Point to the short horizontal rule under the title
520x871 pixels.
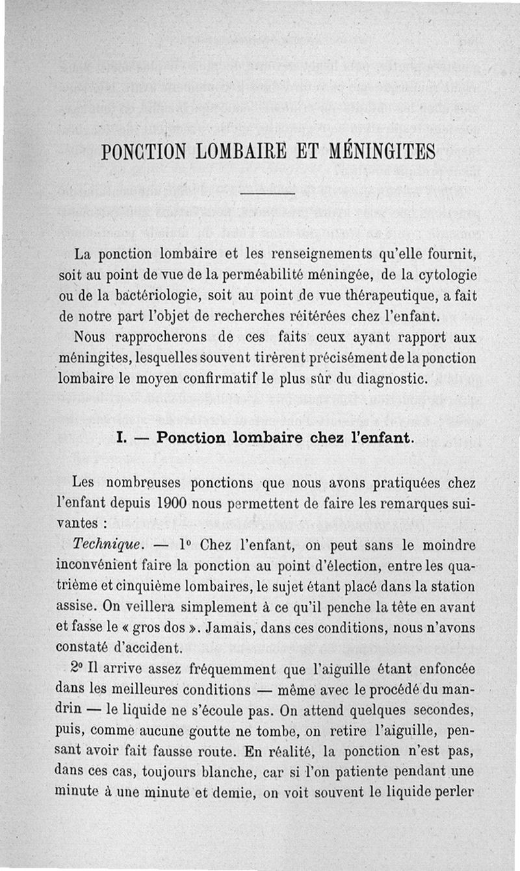pyautogui.click(x=268, y=193)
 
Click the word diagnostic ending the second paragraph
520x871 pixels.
pyautogui.click(x=387, y=379)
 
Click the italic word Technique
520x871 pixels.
pyautogui.click(x=99, y=545)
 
